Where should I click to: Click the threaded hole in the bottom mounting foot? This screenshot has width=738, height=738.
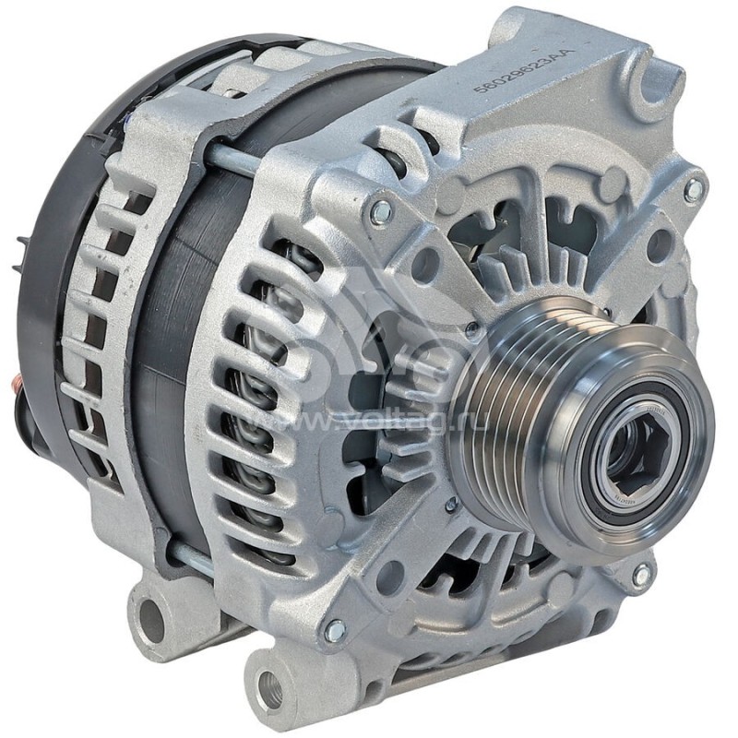270,688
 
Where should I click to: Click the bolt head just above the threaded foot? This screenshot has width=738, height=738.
335,631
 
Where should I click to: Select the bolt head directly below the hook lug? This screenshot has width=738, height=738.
693,190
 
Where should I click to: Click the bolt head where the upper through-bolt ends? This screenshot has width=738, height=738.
380,214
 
